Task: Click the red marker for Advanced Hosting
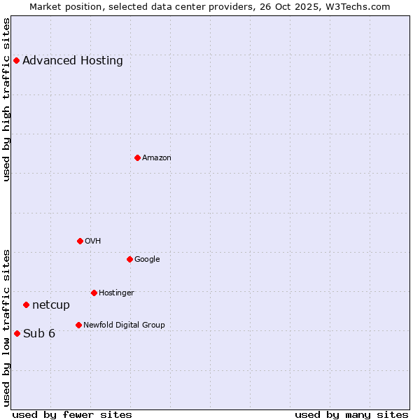point(16,60)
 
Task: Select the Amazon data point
point(137,157)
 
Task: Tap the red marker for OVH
point(80,241)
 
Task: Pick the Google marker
point(129,259)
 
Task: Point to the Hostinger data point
point(94,293)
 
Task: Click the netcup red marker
point(26,304)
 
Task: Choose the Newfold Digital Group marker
point(78,325)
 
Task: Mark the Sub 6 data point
point(17,333)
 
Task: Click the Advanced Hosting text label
point(73,60)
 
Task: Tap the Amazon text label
point(157,157)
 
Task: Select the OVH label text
point(93,241)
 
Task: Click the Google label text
point(147,259)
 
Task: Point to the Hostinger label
point(116,293)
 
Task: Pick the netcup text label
point(51,304)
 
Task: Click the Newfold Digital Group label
point(124,325)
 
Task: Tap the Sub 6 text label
point(39,333)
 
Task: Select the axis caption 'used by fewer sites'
point(72,414)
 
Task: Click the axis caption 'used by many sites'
point(351,414)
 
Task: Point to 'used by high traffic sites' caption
point(6,99)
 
